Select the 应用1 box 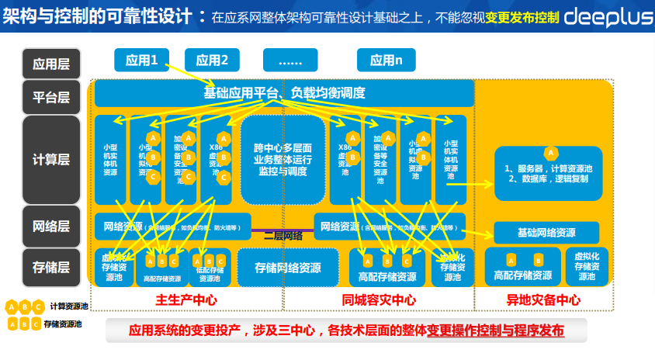141,60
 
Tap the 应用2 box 212,60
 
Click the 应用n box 386,60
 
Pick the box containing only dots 290,60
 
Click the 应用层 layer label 51,64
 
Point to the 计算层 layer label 51,159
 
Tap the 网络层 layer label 51,226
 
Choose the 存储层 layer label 51,267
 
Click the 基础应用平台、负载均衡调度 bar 284,93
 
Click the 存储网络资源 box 288,268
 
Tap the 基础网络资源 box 546,232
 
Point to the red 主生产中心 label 186,300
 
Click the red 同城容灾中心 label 379,300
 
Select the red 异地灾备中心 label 544,300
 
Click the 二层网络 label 282,235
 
